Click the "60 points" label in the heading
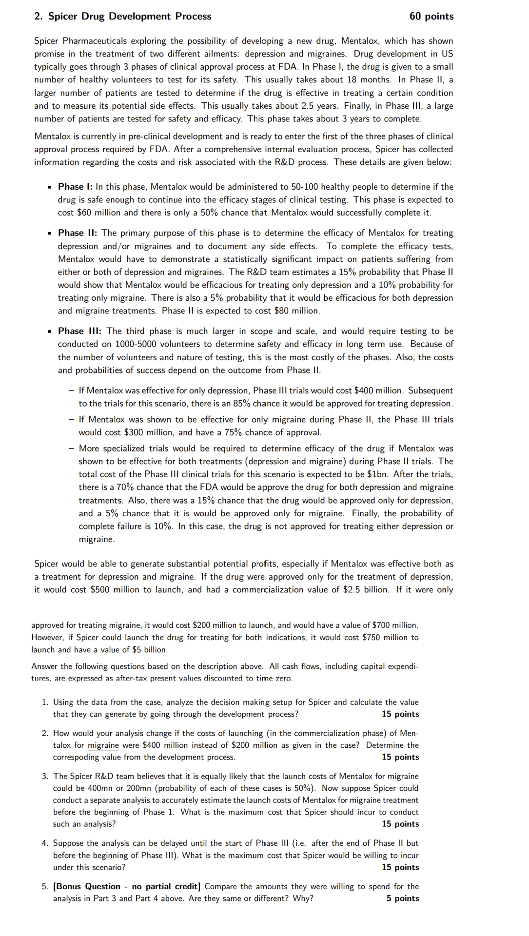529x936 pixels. (431, 16)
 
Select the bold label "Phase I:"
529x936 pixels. (75, 187)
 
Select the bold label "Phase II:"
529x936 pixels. (78, 233)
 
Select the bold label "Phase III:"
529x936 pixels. (79, 331)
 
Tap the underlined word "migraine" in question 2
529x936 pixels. (103, 745)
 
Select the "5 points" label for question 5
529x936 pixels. (403, 898)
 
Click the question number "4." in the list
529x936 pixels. (45, 843)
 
